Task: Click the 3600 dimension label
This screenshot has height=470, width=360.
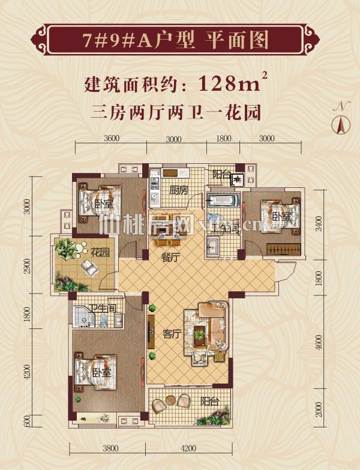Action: [112, 139]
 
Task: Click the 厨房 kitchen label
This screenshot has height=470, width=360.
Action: [179, 190]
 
